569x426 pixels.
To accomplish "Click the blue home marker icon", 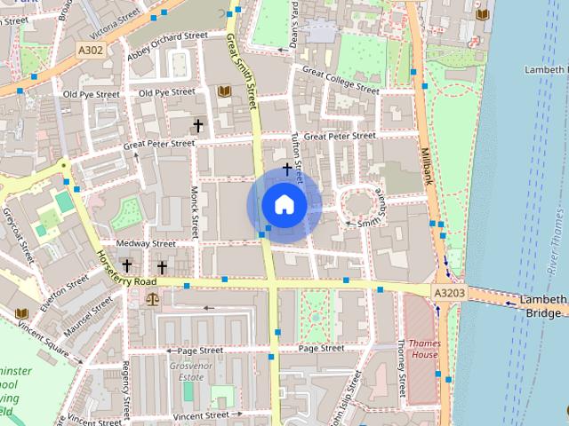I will pyautogui.click(x=284, y=205).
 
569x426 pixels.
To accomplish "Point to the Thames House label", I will pyautogui.click(x=425, y=349).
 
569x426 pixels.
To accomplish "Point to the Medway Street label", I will pyautogui.click(x=145, y=243).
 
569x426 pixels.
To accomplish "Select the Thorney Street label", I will pyautogui.click(x=401, y=368).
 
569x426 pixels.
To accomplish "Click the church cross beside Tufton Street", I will pyautogui.click(x=287, y=167).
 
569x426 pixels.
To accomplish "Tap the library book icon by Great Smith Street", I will pyautogui.click(x=223, y=91).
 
